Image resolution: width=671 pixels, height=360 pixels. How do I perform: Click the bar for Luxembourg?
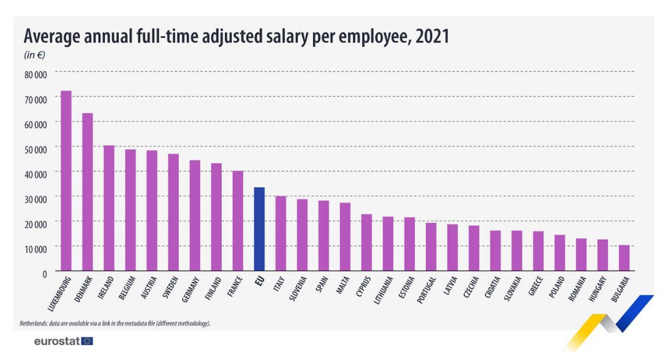[66, 181]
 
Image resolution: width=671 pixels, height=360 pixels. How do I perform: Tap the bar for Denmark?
[88, 192]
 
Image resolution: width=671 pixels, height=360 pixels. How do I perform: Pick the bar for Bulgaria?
[624, 258]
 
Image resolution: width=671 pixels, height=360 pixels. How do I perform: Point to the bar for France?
[237, 221]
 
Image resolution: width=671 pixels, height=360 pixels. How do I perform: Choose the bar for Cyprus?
[366, 242]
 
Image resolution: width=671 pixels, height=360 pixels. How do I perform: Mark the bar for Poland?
[559, 253]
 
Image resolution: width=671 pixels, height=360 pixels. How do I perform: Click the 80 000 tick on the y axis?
[35, 75]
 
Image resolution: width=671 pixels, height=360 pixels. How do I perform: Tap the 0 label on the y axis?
[44, 274]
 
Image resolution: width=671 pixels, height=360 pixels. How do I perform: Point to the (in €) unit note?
[34, 55]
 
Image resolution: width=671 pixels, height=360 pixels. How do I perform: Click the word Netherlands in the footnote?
[35, 323]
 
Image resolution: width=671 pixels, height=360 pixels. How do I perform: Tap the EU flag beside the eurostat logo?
[87, 341]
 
